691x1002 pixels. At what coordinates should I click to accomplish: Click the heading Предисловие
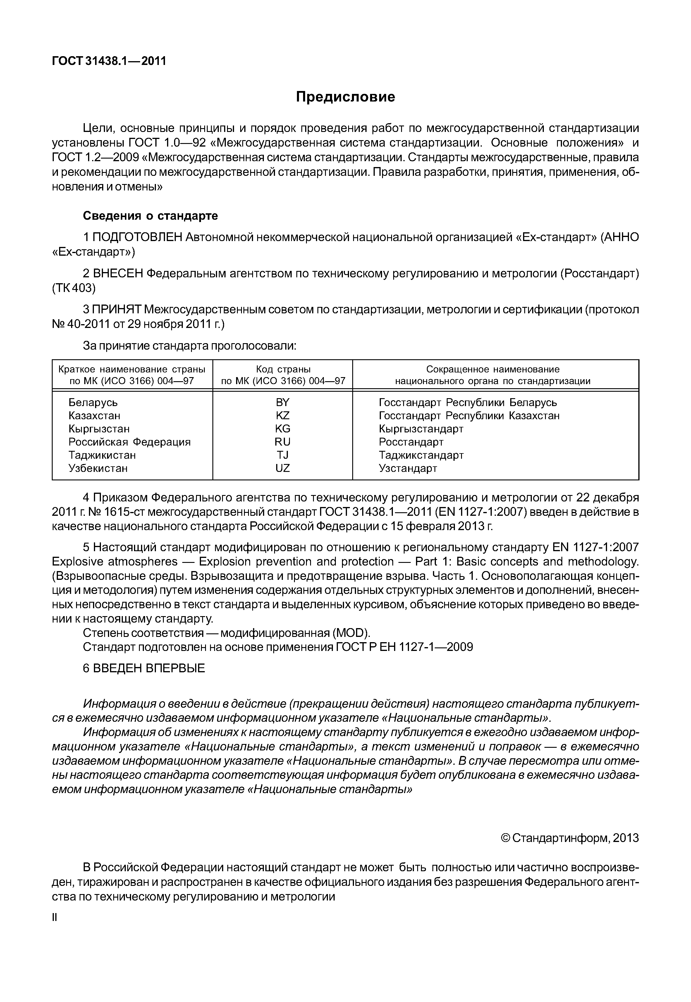coord(345,97)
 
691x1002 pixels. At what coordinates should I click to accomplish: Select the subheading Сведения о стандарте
coord(150,216)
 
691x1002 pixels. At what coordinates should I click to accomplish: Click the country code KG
coord(282,429)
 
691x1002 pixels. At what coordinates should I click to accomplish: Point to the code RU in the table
coord(282,442)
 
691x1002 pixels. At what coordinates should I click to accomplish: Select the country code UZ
coord(282,468)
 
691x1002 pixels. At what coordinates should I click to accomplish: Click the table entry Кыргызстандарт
coord(421,429)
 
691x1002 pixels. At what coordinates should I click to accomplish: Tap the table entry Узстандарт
coord(408,468)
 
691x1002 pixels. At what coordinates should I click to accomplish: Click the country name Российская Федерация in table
coord(130,442)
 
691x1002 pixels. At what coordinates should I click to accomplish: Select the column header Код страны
coord(283,369)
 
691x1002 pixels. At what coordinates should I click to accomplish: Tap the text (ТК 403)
coord(74,288)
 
